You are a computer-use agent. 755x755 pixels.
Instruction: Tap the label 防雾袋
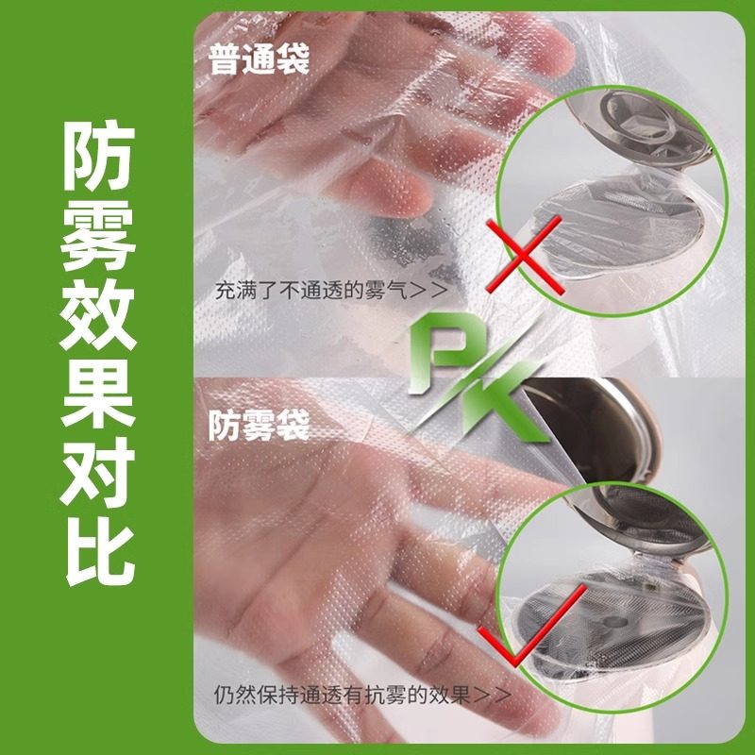(258, 428)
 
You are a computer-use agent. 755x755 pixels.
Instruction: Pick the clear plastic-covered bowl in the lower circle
(613, 623)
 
